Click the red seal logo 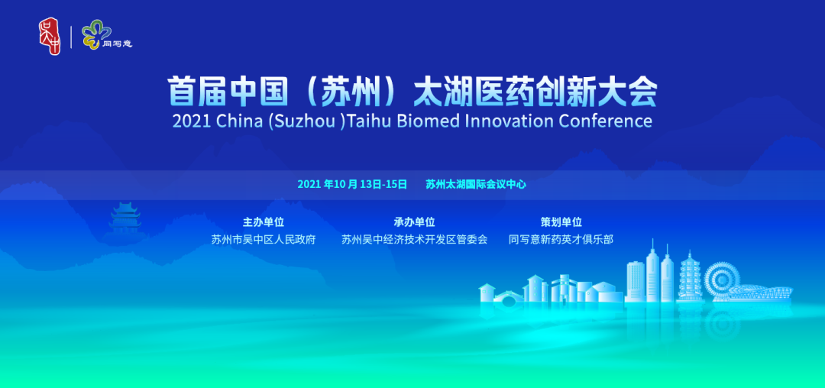point(50,36)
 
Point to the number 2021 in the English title point(192,121)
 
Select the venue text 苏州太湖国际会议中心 point(476,185)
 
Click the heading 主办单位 point(263,221)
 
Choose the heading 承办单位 point(414,221)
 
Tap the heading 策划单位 point(561,221)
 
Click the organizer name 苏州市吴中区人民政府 point(263,240)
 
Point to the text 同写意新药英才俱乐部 point(561,240)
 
